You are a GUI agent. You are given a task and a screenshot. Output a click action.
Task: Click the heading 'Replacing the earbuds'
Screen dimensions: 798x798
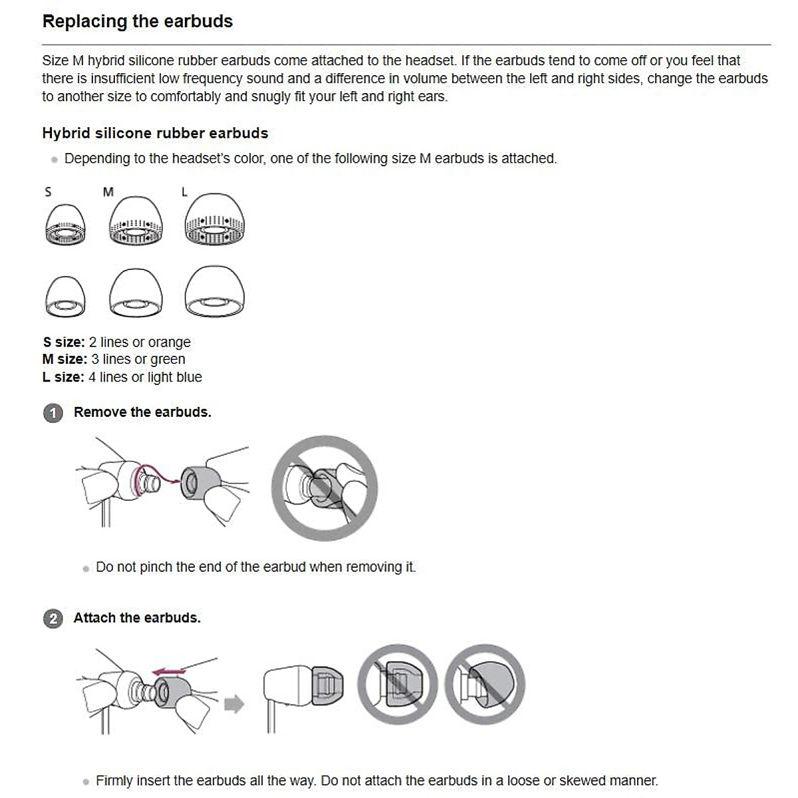click(x=137, y=21)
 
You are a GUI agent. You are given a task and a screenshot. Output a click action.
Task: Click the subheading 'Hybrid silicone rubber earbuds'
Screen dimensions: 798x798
click(x=155, y=133)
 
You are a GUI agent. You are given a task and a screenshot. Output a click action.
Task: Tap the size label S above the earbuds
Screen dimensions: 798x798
click(x=48, y=192)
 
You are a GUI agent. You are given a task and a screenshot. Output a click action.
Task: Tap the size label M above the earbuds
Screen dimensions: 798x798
click(x=108, y=192)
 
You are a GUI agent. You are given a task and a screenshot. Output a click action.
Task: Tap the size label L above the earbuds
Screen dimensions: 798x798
click(x=184, y=192)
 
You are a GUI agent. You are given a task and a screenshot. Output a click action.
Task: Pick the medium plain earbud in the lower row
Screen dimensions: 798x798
click(x=136, y=293)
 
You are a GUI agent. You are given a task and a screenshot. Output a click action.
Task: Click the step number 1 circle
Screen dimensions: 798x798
click(x=53, y=413)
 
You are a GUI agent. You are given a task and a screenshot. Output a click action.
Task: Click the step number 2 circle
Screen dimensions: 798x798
click(x=53, y=619)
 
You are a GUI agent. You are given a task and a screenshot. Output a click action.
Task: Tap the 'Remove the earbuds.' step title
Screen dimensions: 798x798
click(x=142, y=412)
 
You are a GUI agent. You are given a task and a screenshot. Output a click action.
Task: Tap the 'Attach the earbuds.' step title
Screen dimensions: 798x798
click(x=137, y=618)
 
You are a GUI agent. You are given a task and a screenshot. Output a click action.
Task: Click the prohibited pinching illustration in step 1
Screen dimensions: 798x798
click(x=325, y=487)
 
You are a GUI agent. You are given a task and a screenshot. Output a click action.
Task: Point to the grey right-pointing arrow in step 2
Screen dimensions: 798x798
click(x=234, y=704)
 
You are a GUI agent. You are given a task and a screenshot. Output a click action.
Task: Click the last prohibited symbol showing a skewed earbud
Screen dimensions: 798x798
click(x=485, y=684)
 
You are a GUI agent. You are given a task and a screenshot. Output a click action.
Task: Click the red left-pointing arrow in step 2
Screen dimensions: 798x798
click(x=169, y=672)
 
